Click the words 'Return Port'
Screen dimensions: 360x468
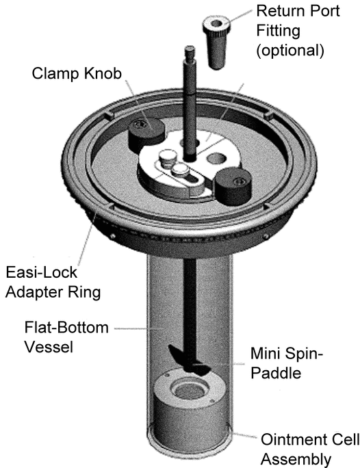[x=298, y=11]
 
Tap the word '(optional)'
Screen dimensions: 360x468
[x=290, y=50]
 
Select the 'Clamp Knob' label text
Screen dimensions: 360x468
[x=77, y=73]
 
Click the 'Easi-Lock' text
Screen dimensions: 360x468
[x=42, y=272]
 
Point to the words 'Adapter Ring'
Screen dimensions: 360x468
[x=53, y=292]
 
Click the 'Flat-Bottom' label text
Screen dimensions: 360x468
[x=66, y=328]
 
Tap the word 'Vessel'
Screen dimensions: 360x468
[x=49, y=347]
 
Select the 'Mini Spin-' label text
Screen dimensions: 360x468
[x=287, y=353]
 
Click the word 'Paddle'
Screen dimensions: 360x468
[x=276, y=373]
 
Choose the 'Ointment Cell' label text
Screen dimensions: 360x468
[x=310, y=440]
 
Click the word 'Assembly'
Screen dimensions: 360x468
[x=296, y=459]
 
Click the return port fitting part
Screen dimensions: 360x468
[x=217, y=43]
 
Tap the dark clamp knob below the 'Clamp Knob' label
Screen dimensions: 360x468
[x=146, y=133]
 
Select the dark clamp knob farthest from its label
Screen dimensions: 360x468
[x=233, y=185]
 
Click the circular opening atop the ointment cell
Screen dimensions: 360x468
[x=188, y=390]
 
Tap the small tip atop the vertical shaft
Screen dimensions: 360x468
[x=190, y=53]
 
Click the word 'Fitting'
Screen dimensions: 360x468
[x=278, y=31]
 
